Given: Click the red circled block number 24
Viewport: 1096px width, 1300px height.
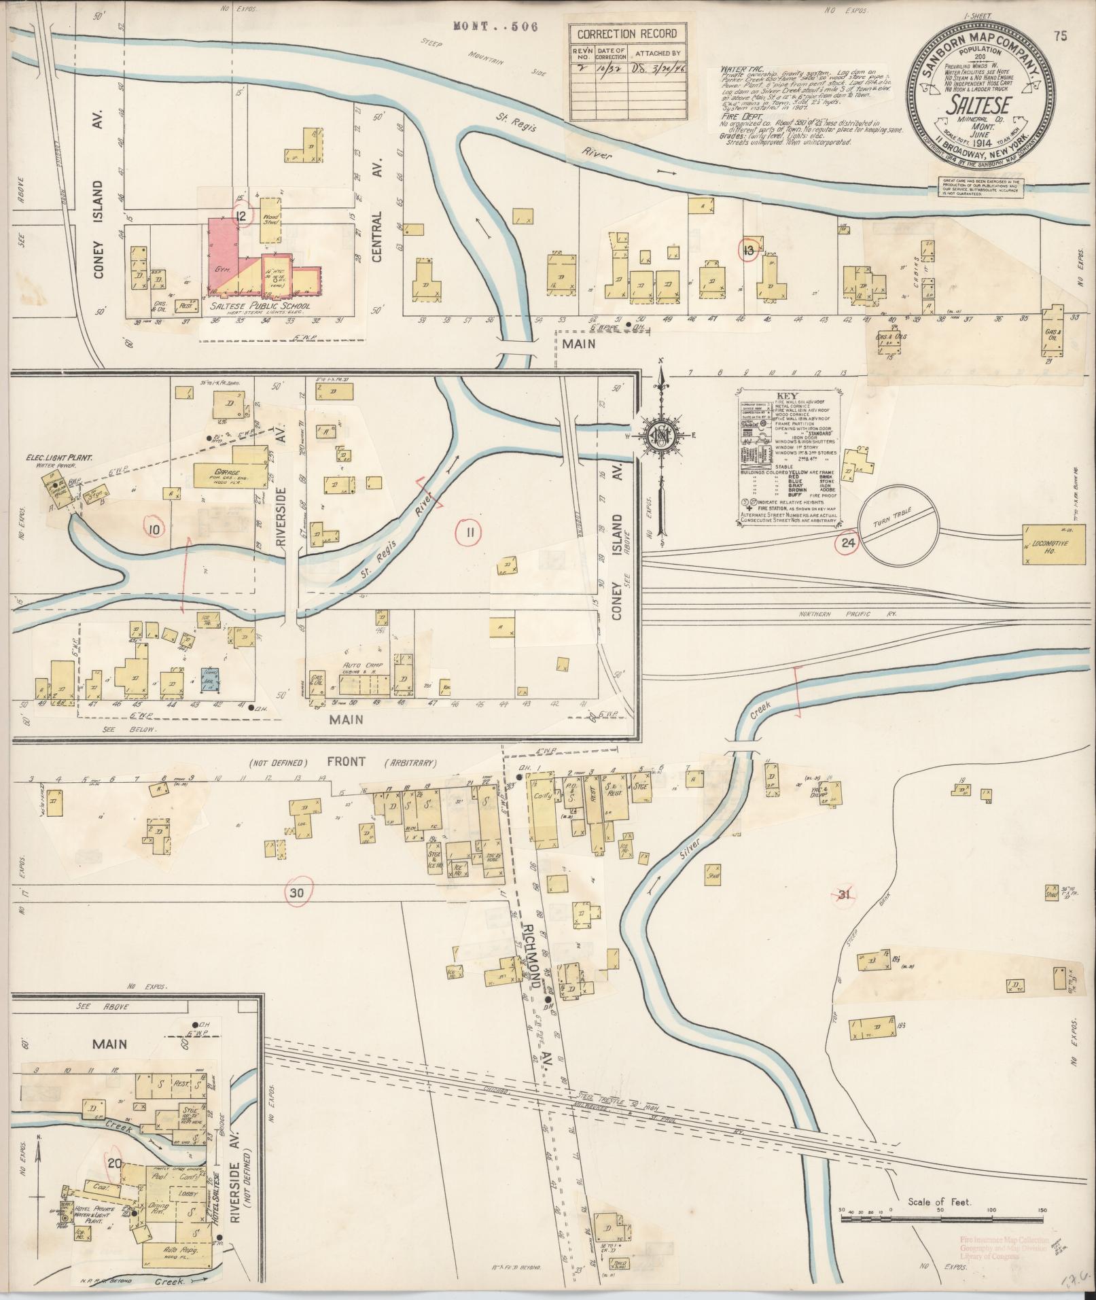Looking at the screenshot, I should click(847, 542).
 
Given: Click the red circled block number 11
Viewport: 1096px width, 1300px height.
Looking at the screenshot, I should click(469, 533).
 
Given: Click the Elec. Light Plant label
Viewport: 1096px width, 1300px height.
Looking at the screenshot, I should click(60, 458).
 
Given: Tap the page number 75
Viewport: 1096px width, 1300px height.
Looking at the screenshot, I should click(1061, 37).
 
